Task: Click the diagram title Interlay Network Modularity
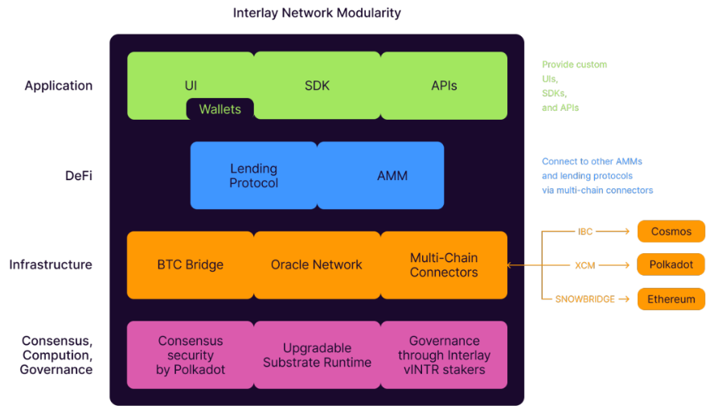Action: click(x=317, y=13)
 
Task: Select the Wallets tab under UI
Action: click(x=219, y=109)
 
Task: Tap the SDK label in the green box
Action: click(x=317, y=85)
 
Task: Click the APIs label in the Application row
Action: click(x=444, y=85)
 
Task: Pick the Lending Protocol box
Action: click(x=253, y=175)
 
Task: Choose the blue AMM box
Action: click(x=380, y=175)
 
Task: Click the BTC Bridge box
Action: click(x=191, y=264)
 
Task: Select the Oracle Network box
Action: click(x=317, y=264)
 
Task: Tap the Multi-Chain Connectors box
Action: click(x=444, y=264)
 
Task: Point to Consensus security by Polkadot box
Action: click(x=191, y=355)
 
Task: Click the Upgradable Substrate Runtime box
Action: click(x=317, y=355)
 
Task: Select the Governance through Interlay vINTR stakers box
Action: click(x=444, y=355)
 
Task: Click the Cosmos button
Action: click(x=671, y=232)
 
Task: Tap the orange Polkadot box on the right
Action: click(x=671, y=264)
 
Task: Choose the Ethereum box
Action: click(x=671, y=299)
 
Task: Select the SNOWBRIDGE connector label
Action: click(x=585, y=299)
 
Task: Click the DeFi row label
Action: click(x=78, y=175)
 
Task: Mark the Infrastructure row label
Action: click(x=51, y=264)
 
